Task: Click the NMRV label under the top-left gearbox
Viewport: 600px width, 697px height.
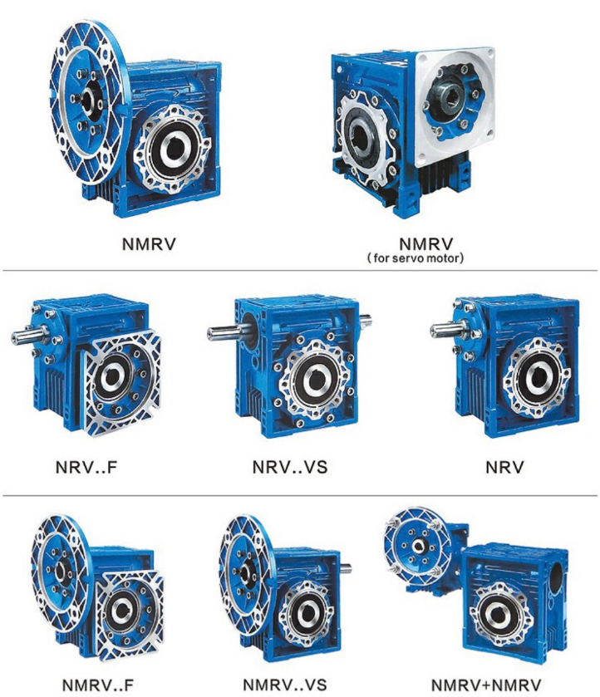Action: click(149, 244)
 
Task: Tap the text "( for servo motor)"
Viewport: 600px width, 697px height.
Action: click(416, 258)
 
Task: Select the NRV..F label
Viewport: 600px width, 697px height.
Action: click(86, 467)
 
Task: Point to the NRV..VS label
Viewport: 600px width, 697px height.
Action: click(289, 467)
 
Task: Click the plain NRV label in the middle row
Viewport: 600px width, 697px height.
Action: click(504, 467)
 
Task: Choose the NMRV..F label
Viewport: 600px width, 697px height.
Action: click(98, 685)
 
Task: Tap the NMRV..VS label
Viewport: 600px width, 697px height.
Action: click(285, 685)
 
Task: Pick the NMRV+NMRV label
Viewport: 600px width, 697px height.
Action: click(486, 685)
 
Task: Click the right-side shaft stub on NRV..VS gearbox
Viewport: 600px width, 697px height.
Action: click(366, 321)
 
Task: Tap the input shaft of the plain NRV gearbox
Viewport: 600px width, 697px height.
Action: click(447, 329)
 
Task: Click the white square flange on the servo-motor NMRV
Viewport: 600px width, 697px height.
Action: click(454, 106)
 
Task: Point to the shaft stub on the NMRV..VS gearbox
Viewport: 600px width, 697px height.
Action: click(346, 568)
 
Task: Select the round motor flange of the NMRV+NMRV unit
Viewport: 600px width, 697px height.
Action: click(418, 547)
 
